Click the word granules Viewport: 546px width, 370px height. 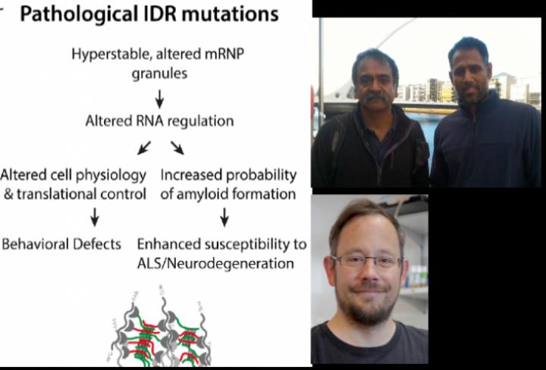tap(160, 74)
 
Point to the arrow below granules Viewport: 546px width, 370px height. tap(160, 99)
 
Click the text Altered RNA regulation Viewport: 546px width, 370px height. tap(159, 121)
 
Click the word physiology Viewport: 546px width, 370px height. tap(115, 174)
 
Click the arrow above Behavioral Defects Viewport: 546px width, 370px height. tap(95, 218)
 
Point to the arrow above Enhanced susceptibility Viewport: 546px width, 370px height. tap(224, 218)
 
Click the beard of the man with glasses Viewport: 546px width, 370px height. tap(370, 307)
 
